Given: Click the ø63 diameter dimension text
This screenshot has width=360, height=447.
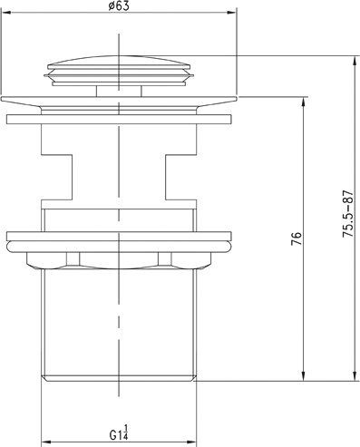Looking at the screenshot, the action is [118, 6].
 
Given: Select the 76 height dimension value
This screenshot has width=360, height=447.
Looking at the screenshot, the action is [297, 238].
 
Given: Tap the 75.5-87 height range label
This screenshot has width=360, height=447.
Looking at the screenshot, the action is [347, 214].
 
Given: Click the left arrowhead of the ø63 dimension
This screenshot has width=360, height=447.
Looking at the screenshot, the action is [6, 13].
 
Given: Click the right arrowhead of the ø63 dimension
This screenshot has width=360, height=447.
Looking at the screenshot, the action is [231, 13].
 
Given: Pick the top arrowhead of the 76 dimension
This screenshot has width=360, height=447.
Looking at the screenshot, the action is [304, 102].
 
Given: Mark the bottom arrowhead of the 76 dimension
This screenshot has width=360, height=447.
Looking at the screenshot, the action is [304, 375].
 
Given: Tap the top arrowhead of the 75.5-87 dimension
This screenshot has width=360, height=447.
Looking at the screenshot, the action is [355, 61].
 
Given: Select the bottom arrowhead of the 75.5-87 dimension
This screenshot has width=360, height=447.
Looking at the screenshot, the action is [355, 375].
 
